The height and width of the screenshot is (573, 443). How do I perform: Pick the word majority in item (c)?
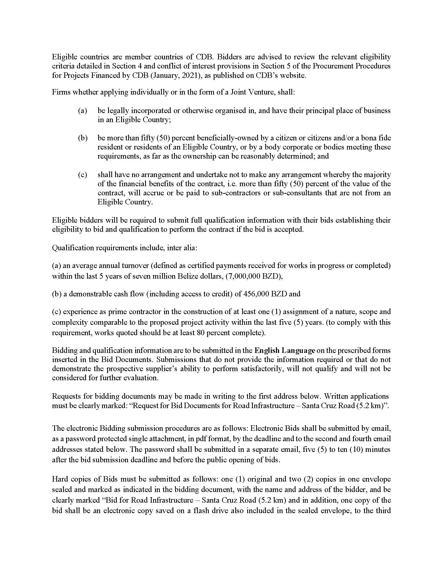click(x=377, y=175)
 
